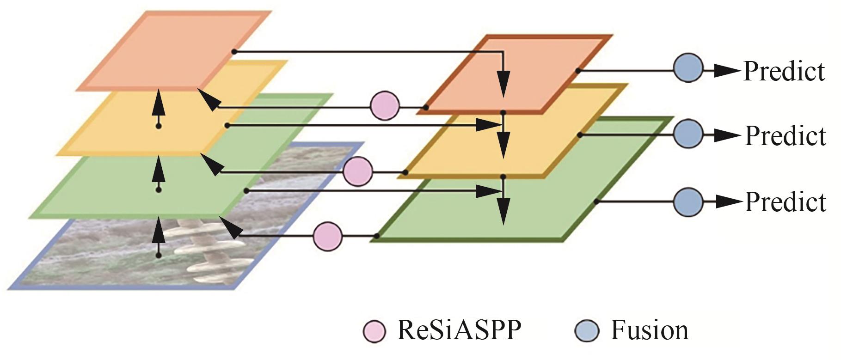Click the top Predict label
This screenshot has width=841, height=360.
coord(784,71)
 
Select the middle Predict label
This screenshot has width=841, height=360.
coord(785,136)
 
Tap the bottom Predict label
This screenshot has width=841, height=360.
coord(785,202)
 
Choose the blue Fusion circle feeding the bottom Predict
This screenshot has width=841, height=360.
coord(688,202)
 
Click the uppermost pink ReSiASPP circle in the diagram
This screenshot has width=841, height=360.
coord(385,106)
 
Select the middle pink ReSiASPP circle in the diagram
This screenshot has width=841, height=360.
coord(358,171)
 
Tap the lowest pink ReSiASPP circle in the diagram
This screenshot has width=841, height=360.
coord(328,236)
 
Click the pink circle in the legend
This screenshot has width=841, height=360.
coord(374,331)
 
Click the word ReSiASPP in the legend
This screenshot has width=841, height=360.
coord(459,330)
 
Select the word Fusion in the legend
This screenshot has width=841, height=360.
coord(649,330)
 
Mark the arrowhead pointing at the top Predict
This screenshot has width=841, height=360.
coord(726,71)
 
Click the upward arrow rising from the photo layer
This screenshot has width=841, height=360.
coord(159,238)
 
